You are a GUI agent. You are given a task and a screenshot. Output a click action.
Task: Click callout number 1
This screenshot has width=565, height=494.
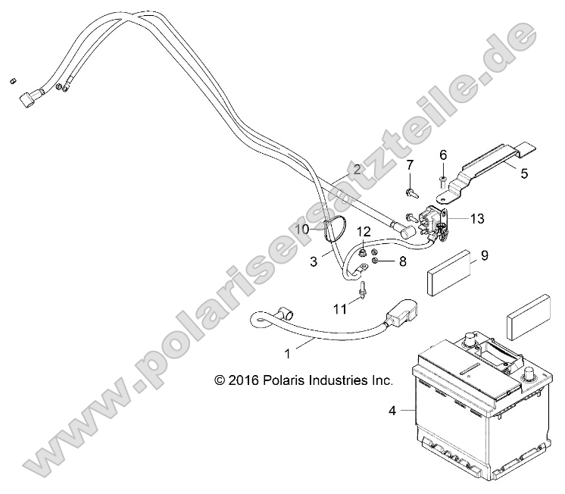point(287,355)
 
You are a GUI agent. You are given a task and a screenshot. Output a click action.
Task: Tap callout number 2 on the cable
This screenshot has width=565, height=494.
point(357,169)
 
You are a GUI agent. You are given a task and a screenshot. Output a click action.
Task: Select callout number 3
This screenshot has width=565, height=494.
point(314,262)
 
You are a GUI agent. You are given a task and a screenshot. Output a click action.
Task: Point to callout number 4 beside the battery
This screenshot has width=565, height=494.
point(392,411)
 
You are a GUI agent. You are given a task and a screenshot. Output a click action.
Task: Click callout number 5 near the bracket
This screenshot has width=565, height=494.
point(524,174)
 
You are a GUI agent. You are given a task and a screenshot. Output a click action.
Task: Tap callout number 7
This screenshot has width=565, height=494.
point(410,165)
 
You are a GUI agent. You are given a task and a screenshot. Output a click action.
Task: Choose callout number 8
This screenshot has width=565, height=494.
point(402,261)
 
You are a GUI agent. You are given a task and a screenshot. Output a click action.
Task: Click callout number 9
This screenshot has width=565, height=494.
point(485,255)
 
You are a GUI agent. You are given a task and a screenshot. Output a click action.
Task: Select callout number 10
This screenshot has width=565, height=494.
point(302,229)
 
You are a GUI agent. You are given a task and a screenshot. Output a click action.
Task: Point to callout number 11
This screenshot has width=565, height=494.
point(339,309)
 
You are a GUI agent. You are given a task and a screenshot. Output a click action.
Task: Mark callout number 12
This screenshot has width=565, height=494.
point(364,231)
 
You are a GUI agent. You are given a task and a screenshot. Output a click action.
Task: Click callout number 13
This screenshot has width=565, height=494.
point(477,218)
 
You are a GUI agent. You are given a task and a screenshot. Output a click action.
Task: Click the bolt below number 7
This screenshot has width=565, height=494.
point(412,192)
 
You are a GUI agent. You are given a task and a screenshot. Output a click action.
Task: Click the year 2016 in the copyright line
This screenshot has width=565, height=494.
point(244,380)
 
